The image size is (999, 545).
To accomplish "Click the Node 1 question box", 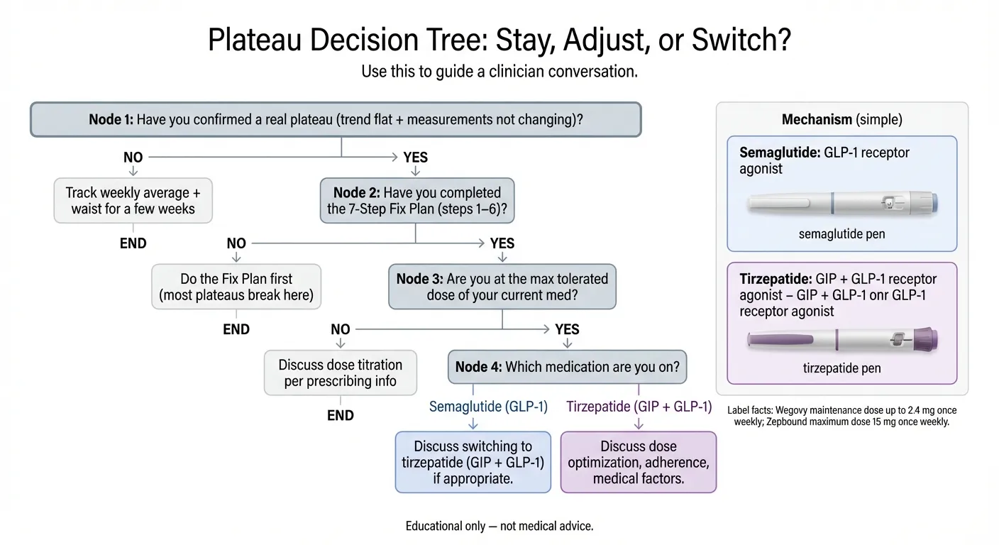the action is pos(336,119).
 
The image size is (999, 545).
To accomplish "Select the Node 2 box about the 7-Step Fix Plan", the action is pos(416,201).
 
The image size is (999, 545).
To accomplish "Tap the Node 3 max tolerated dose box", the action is pos(502,287).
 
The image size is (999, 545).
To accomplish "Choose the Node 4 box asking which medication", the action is pos(567,367).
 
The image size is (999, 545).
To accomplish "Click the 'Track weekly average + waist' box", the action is pos(133,201).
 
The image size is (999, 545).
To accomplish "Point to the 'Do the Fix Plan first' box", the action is pos(236,287).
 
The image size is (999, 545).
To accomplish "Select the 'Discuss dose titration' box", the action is pos(340,373).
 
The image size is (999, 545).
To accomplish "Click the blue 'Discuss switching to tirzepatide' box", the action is pos(473,462).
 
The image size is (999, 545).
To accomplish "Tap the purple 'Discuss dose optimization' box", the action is pos(638,462).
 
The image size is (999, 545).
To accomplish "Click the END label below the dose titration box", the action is pos(340,416).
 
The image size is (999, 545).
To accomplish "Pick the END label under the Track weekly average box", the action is pos(133,243).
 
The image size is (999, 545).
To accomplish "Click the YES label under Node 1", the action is pos(415,158).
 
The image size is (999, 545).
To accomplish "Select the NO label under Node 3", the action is pos(340,329).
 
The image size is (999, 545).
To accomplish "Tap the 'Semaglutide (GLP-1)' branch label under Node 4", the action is pos(488,407).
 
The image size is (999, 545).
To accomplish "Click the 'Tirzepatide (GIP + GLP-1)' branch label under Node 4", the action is pos(639,407).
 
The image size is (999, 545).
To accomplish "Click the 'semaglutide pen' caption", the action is pos(842,233).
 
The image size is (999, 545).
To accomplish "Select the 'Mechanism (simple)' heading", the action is pos(841,119).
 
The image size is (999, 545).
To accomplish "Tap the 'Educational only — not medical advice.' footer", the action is pos(499,526).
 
